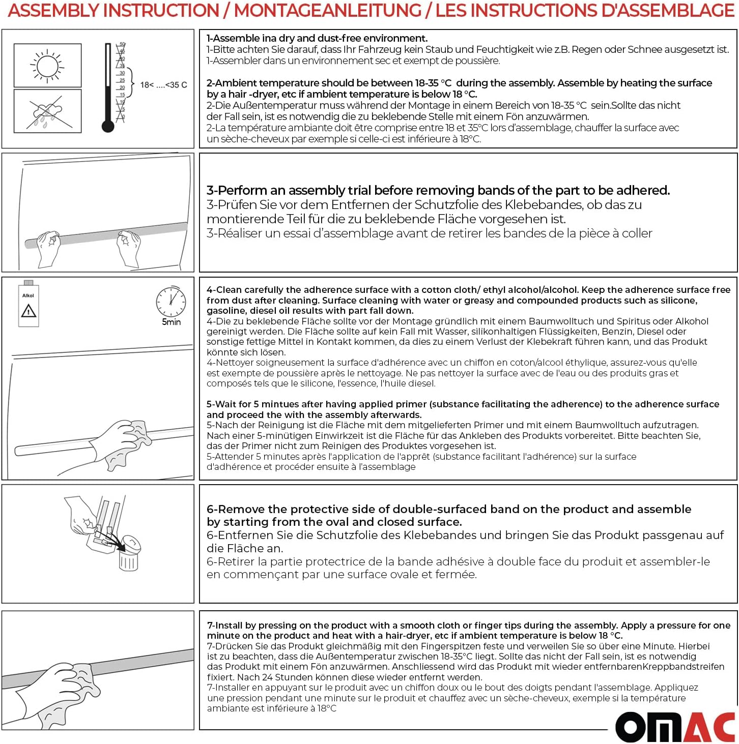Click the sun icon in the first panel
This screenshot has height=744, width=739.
coord(47,66)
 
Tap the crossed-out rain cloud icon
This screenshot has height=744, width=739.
coord(47,112)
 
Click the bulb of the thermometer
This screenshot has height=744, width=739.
coord(108,126)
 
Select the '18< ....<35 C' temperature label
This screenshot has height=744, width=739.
coord(163,85)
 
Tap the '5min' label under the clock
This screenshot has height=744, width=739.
coord(172,322)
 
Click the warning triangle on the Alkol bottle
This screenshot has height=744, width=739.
coord(29,310)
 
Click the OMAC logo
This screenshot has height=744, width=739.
coord(675,727)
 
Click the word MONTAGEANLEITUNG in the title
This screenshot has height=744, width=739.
coord(327,11)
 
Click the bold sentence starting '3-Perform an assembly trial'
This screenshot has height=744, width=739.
coord(438,190)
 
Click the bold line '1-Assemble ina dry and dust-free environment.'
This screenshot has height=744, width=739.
coord(317,38)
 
